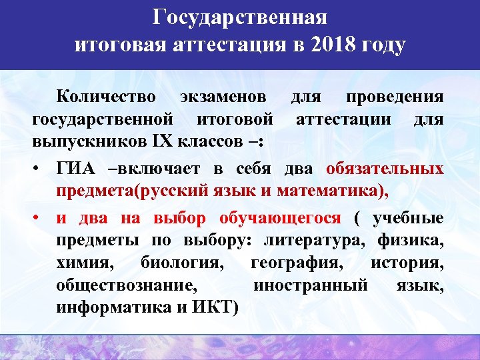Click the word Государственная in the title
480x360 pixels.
point(239,17)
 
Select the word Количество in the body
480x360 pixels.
point(106,97)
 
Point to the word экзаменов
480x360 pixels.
point(220,97)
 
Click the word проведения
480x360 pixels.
point(394,97)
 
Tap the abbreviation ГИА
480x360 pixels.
point(75,167)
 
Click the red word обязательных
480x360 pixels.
point(385,167)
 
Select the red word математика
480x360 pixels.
point(325,191)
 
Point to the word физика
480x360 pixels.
point(410,241)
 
